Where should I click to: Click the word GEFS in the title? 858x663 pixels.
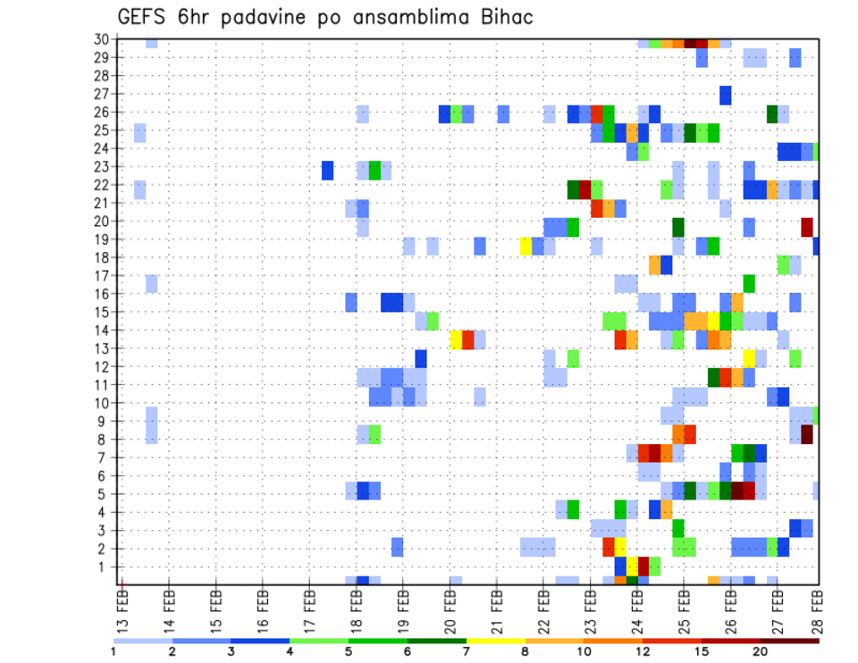(143, 18)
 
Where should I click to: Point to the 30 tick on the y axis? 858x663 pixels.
(101, 39)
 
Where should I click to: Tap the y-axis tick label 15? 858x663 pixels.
(101, 312)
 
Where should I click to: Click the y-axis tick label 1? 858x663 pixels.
(105, 566)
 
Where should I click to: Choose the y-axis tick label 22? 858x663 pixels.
(101, 185)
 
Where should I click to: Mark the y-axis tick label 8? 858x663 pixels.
(105, 439)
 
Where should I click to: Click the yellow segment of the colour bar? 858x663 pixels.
(495, 641)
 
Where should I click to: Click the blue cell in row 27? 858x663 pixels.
(726, 94)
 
